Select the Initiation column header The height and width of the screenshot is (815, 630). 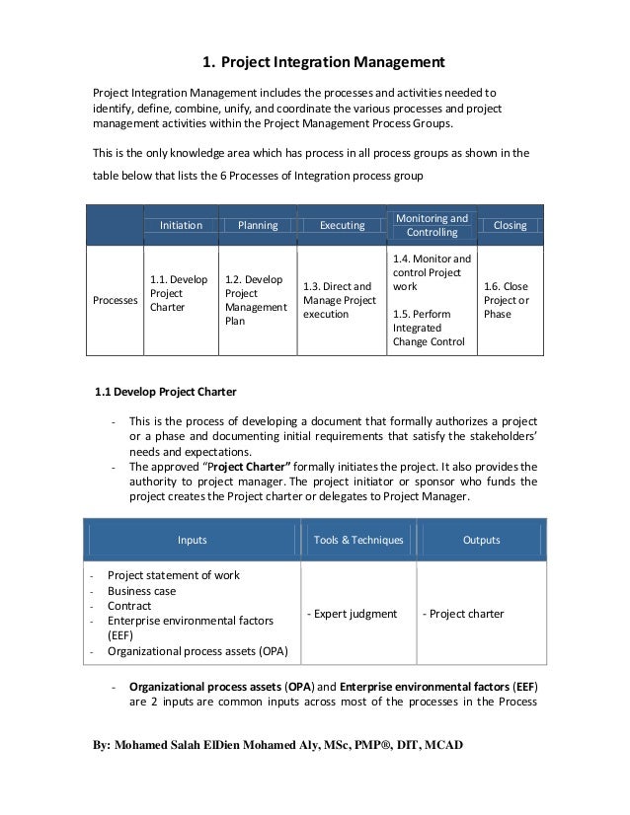coord(181,225)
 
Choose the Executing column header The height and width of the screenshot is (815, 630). coord(342,225)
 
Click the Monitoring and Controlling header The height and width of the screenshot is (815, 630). coord(432,225)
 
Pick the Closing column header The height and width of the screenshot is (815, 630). coord(511,225)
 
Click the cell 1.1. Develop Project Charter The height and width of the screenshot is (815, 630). coord(179,293)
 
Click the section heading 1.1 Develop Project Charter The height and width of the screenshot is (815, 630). coord(164,389)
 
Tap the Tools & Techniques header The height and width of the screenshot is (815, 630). coord(357,540)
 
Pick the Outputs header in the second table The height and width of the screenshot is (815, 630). coord(480,540)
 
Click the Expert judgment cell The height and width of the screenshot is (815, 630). coord(353,614)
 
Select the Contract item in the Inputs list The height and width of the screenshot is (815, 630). coord(129,606)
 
